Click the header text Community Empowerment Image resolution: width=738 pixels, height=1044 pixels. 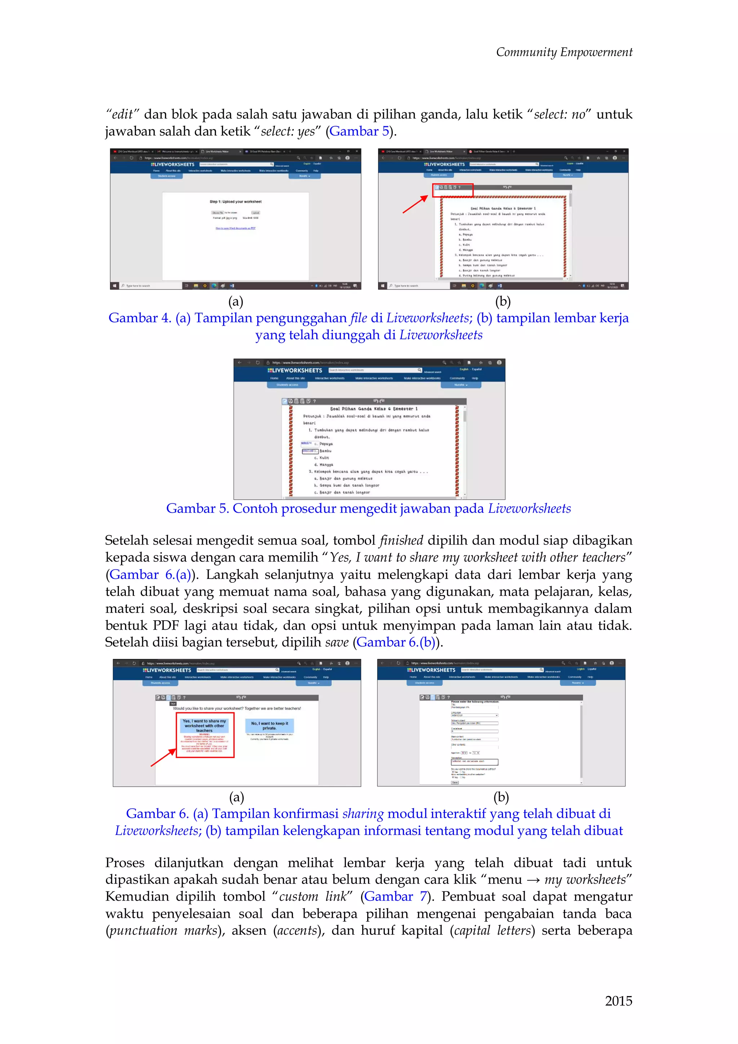(564, 52)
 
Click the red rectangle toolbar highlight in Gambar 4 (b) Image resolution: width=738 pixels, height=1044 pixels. (453, 190)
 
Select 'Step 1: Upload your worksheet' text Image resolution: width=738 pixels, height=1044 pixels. (235, 202)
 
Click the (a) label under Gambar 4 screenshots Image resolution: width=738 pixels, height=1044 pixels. (235, 301)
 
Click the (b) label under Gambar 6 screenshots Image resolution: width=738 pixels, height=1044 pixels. (501, 797)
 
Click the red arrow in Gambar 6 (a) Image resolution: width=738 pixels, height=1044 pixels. (163, 758)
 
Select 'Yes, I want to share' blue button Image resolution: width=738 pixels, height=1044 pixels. (204, 726)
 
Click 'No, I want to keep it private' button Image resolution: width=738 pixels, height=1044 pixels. (270, 725)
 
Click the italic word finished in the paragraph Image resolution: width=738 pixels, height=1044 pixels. (401, 541)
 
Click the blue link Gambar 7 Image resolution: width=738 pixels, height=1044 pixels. (395, 896)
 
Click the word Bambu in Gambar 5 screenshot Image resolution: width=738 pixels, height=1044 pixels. (325, 451)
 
